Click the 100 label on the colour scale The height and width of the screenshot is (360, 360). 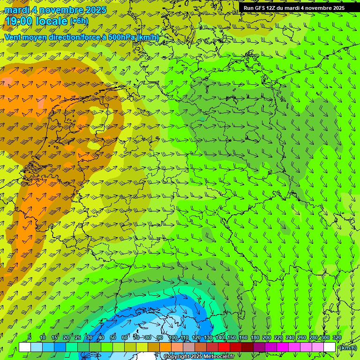(x=173, y=337)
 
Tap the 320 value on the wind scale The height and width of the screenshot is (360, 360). (x=337, y=337)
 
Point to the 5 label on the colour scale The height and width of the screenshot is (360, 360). (x=29, y=337)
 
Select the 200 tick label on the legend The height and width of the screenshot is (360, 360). (x=267, y=337)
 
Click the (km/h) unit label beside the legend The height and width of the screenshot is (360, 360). (x=348, y=347)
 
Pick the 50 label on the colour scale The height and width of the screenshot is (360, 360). (x=113, y=337)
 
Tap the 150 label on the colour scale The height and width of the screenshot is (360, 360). (x=232, y=337)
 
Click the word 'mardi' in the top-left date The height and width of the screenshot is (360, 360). (x=15, y=10)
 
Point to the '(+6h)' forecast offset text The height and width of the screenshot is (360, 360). (x=78, y=21)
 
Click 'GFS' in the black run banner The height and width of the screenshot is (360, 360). (x=260, y=8)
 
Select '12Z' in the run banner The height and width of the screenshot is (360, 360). (x=271, y=8)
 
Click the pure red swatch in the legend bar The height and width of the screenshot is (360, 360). (x=224, y=347)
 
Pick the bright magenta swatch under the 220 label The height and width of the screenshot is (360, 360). (x=283, y=347)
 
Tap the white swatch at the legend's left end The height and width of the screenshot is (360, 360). (x=25, y=347)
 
